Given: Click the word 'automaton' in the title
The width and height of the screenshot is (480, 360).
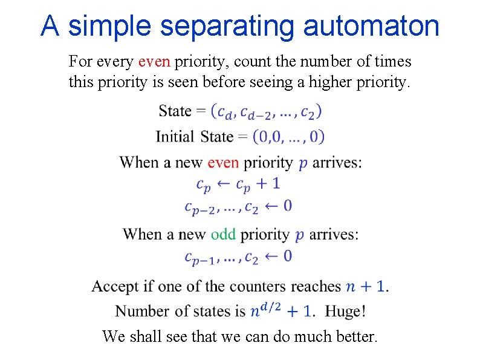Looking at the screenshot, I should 371,26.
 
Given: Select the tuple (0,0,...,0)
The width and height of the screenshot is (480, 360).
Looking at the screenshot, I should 288,136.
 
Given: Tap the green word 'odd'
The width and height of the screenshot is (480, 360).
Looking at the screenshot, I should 223,234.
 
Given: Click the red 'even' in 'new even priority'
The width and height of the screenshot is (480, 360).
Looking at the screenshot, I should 223,162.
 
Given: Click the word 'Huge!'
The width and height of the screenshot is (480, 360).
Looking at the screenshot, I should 345,311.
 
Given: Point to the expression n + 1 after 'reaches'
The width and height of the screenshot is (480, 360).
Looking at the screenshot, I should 366,286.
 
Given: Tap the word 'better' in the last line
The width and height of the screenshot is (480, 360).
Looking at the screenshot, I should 353,336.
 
